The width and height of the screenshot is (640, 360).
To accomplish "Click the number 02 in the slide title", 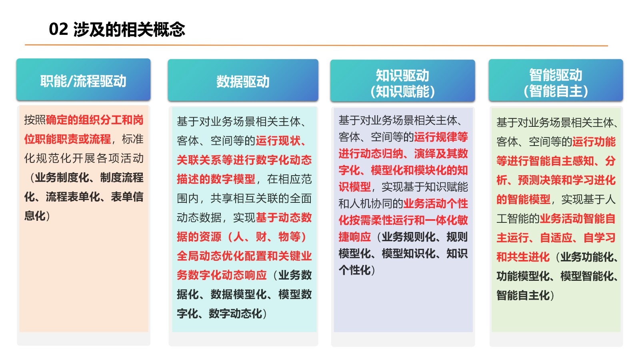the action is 58,29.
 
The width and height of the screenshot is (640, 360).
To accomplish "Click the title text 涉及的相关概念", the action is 129,29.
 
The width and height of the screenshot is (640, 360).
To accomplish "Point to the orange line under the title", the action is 316,45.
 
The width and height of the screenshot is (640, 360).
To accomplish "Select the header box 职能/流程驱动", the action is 84,80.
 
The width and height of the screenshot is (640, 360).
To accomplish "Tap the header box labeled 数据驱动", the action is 243,80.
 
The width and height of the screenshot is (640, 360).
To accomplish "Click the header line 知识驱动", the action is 402,76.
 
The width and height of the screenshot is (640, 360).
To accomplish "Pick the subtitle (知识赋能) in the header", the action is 402,92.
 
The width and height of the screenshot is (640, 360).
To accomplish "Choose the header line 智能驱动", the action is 556,75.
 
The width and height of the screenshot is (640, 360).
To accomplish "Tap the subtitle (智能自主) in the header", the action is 556,91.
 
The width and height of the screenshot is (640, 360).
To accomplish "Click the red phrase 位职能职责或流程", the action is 68,139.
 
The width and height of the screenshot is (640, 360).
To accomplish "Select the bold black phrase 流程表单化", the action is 73,197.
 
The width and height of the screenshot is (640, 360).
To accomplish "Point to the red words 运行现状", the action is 278,140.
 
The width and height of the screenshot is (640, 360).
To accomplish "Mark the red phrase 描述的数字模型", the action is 216,179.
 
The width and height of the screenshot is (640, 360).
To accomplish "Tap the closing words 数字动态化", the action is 236,314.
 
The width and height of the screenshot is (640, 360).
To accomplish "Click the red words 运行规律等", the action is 441,137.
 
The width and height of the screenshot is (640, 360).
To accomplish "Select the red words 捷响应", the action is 355,237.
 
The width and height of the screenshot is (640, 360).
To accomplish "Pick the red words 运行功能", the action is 594,142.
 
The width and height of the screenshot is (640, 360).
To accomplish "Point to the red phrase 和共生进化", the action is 523,257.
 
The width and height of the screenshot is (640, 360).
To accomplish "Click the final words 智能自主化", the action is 523,295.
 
